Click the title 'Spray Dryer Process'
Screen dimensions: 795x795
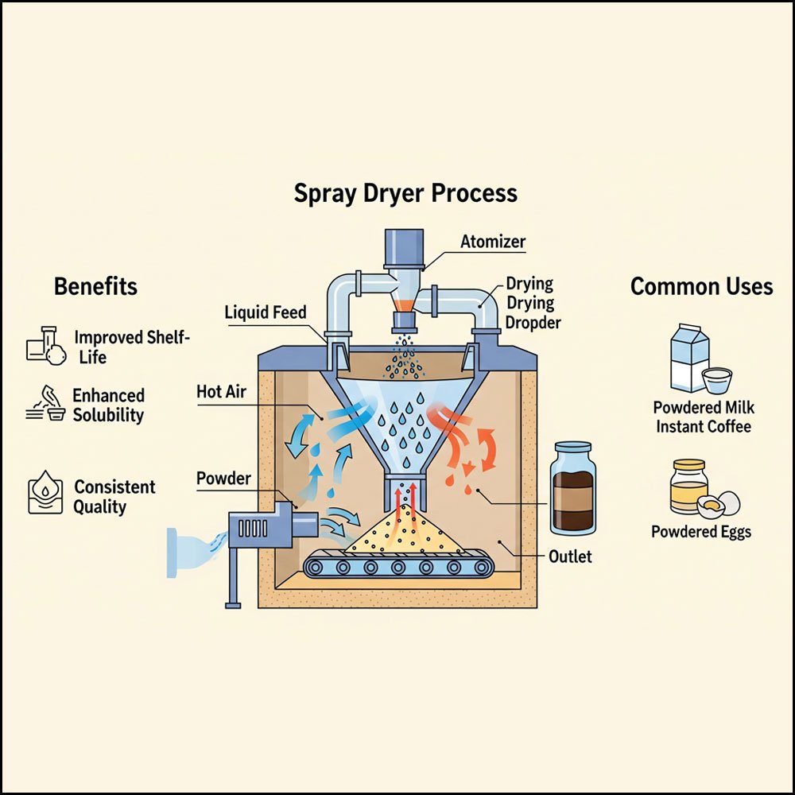[405, 193]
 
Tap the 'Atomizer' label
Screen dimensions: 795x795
[493, 242]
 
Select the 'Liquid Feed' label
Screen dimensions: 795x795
[265, 312]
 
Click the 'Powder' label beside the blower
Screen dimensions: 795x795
[223, 479]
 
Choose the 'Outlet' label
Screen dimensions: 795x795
[570, 556]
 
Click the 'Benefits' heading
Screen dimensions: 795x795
[95, 286]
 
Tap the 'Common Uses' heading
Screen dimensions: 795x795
[701, 286]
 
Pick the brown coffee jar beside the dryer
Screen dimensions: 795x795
[572, 488]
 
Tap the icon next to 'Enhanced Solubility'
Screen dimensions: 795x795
[46, 404]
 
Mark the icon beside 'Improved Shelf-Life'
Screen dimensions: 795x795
[45, 346]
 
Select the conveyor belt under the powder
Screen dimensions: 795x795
[398, 565]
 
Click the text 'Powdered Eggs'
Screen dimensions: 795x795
[700, 532]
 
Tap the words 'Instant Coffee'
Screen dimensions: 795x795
[702, 427]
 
